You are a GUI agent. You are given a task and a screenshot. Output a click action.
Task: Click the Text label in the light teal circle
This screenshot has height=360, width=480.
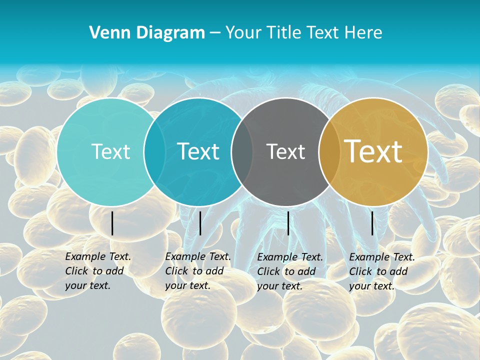tap(110, 151)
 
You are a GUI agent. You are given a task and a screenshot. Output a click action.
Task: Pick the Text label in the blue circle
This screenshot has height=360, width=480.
tap(198, 151)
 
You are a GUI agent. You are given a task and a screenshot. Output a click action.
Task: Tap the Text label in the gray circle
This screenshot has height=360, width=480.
tap(285, 151)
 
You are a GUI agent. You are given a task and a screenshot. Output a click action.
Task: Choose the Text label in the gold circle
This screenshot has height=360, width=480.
tap(373, 151)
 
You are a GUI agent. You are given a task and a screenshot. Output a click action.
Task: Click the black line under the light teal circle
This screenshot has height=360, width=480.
tap(112, 223)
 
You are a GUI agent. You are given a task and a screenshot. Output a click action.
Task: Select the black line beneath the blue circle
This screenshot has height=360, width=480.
tap(200, 223)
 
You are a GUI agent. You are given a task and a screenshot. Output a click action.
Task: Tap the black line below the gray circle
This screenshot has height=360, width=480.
tap(288, 223)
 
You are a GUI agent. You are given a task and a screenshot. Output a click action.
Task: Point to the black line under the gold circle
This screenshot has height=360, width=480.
tap(372, 223)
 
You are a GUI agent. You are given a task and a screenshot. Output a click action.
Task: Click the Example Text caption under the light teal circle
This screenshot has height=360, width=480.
tap(97, 271)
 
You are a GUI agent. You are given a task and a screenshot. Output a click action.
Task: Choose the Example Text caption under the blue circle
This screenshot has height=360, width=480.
tap(197, 271)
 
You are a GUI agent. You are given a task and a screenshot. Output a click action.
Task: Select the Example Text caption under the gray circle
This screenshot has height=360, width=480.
tap(289, 271)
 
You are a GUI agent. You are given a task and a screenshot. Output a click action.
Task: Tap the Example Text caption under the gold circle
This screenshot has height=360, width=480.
tap(381, 271)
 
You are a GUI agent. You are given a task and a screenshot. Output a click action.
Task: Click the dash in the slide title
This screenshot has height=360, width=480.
tap(215, 33)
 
